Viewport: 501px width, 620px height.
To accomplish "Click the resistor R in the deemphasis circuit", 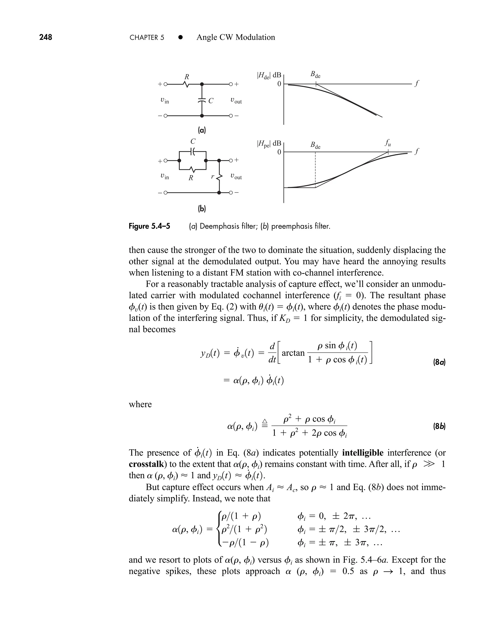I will tap(186, 84).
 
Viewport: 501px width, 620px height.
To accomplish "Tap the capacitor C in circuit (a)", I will tap(202, 101).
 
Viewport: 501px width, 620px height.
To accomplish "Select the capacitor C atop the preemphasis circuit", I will tap(193, 151).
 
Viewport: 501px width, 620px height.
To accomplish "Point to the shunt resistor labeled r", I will tap(219, 177).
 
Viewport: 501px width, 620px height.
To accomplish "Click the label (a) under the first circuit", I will tap(202, 130).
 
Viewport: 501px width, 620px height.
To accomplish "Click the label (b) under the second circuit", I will tap(202, 209).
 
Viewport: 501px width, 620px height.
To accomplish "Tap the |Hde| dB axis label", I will tap(268, 75).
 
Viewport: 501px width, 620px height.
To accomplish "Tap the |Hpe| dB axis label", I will tap(268, 143).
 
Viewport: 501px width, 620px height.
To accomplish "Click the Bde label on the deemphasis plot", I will tap(315, 75).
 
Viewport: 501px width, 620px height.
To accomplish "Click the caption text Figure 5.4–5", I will tap(149, 226).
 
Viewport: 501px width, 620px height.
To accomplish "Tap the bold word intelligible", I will tap(363, 453).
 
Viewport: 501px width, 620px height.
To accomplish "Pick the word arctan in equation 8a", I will tap(293, 353).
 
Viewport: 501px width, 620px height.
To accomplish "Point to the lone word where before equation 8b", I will tap(140, 404).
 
